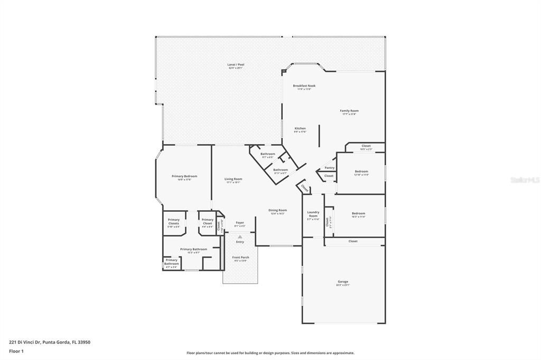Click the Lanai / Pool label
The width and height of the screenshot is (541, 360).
coord(236,64)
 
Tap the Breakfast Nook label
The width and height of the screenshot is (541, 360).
coord(304,86)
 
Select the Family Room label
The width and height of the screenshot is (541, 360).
coord(350,111)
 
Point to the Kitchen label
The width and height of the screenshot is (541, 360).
coord(300,128)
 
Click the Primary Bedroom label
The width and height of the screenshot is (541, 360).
coord(184,176)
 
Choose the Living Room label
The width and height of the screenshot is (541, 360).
coord(233,179)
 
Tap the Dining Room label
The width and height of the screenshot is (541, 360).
coord(278,210)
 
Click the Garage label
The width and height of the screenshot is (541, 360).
coord(343,281)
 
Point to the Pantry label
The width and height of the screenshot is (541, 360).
coord(330,167)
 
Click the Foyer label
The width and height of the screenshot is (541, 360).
coord(240,223)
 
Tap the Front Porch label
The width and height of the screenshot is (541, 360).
coord(240,258)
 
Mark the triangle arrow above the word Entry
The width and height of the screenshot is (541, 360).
coord(240,236)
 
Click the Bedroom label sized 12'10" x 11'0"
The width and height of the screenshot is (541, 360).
coord(361,172)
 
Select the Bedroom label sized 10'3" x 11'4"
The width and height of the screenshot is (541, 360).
coord(358,214)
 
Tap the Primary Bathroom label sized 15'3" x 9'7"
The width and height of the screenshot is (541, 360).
coord(193,249)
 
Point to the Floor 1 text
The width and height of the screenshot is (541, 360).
coord(16,351)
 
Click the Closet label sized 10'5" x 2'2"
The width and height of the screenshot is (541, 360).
coord(366,146)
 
